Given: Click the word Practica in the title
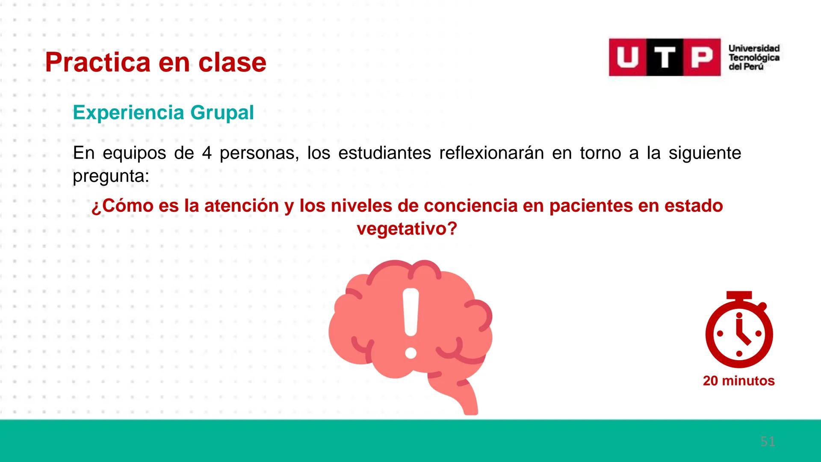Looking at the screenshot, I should click(98, 63).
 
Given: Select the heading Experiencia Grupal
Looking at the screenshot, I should click(163, 113).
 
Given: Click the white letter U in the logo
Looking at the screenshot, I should click(627, 57).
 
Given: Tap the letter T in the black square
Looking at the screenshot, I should click(664, 57).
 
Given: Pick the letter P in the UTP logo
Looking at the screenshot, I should click(702, 57).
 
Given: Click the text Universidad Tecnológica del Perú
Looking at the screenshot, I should click(754, 57).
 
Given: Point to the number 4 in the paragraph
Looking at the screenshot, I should click(207, 153).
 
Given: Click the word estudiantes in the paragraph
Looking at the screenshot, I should click(384, 153).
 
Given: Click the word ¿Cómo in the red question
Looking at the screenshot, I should click(122, 206).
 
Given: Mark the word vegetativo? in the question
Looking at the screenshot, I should click(407, 229).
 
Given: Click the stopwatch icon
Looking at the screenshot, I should click(739, 334).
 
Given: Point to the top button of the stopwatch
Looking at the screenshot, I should click(739, 296).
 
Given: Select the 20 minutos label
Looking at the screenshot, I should click(738, 381).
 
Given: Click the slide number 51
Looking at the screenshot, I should click(768, 441).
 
